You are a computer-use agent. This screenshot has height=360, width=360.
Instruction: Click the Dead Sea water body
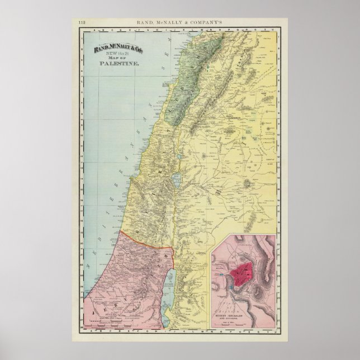(172, 285)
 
